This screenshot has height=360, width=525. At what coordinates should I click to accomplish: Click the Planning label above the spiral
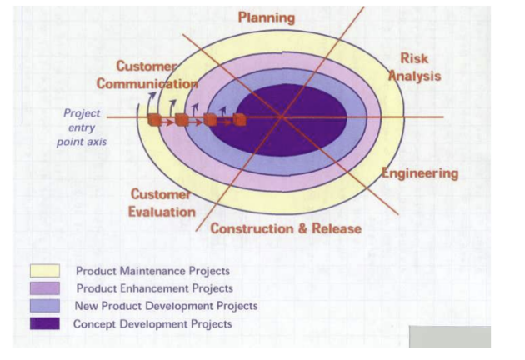coord(267,17)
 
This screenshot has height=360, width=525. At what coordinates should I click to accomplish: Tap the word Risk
coord(414,58)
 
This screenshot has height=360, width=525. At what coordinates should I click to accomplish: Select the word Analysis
coord(414,76)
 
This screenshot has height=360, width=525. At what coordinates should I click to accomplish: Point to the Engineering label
coord(420,173)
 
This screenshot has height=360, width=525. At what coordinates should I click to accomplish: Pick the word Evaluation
coord(162,212)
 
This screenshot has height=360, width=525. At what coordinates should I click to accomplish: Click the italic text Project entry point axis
coord(82,127)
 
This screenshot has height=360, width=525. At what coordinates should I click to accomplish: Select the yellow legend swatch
coord(44,271)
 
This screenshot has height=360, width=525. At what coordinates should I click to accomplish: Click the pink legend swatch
coord(44,288)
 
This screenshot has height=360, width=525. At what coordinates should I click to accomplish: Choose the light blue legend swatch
coord(44,306)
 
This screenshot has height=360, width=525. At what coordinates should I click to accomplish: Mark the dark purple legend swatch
coord(44,323)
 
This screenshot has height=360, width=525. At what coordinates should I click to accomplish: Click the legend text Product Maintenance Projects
coord(152,271)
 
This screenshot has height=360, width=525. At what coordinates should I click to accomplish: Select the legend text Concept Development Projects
coord(152,323)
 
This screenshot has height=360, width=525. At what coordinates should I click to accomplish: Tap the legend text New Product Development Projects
coord(166,306)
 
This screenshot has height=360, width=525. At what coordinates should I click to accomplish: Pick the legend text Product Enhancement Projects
coord(154,288)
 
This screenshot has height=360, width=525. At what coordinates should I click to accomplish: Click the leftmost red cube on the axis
coord(154,120)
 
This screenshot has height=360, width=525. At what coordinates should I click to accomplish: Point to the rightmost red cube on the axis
coord(239,119)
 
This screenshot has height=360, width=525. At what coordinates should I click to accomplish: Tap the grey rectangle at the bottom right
coord(449,336)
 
